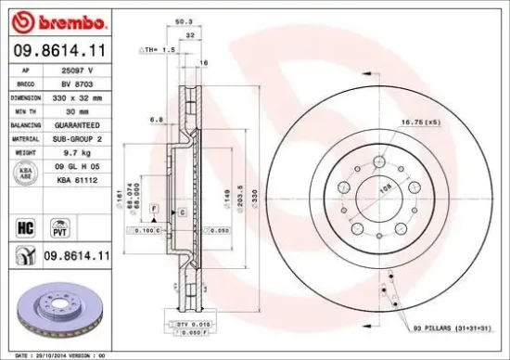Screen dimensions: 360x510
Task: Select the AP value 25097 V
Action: tap(86, 71)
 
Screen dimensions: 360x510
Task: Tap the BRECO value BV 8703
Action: tap(85, 83)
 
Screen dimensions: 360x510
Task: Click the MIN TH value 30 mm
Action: tap(85, 109)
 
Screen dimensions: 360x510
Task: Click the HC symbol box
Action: tap(26, 225)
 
